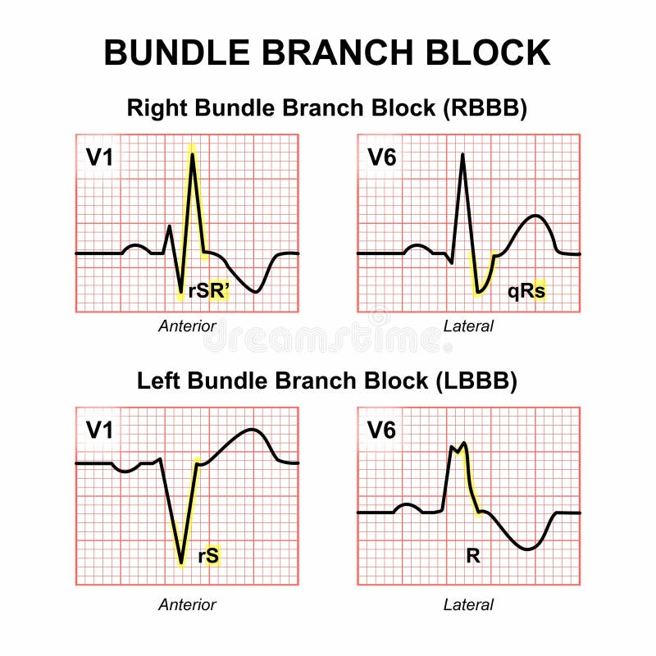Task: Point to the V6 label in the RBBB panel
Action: coord(381,157)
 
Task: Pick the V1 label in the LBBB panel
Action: coord(101,429)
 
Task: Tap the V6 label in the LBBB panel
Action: coord(381,429)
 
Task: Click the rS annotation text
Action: coord(209,555)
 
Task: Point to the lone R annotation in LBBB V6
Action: coord(472,555)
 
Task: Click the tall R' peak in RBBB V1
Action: coord(193,153)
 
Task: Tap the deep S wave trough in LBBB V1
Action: coord(181,563)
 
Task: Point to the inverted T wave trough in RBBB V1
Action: coord(257,290)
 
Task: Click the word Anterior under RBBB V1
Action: coord(187,326)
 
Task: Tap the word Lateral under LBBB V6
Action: coord(468,605)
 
